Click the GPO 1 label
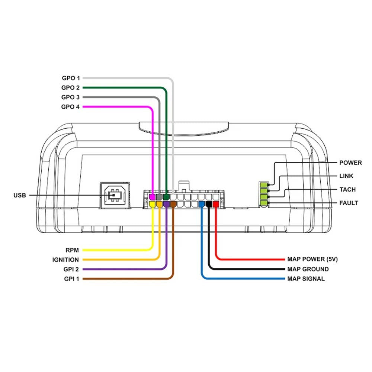click(71, 78)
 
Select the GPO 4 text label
click(70, 107)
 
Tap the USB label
click(20, 195)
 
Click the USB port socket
click(115, 195)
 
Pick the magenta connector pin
click(152, 197)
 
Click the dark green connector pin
click(166, 197)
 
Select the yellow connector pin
click(152, 204)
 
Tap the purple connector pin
click(166, 204)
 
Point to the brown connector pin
click(173, 204)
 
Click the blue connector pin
click(201, 204)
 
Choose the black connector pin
click(209, 204)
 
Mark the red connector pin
click(216, 204)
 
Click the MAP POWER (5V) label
click(312, 259)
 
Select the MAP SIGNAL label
click(306, 279)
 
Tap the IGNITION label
click(65, 260)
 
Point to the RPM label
click(72, 250)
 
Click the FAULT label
click(349, 203)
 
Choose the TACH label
click(347, 190)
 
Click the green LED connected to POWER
click(264, 185)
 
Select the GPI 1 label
click(71, 279)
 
